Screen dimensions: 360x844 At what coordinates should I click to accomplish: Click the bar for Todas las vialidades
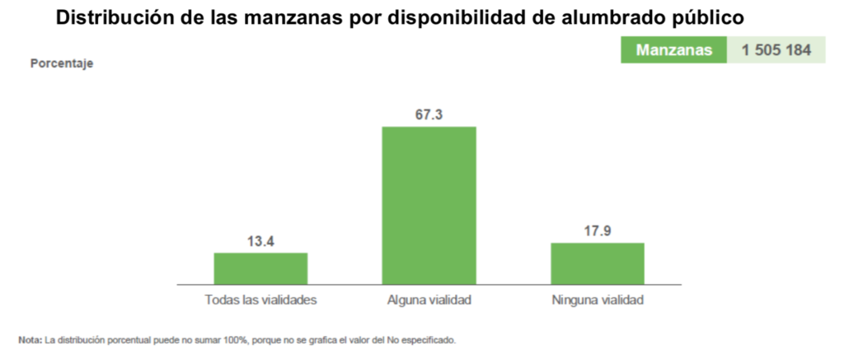260,269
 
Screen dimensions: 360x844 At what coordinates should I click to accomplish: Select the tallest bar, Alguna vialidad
429,205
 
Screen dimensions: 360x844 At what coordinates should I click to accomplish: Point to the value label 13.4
260,241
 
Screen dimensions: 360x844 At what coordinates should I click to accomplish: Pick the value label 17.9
598,231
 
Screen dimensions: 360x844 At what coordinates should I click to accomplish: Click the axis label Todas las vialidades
260,300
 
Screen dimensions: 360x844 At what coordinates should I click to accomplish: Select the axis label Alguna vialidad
429,300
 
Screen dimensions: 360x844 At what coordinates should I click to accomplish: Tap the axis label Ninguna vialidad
598,300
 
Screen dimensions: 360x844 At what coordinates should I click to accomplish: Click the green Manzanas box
673,50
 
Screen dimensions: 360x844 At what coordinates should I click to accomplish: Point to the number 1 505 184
776,50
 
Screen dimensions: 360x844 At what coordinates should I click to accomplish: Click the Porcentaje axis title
62,63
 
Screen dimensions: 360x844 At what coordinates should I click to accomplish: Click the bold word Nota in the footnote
30,339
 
